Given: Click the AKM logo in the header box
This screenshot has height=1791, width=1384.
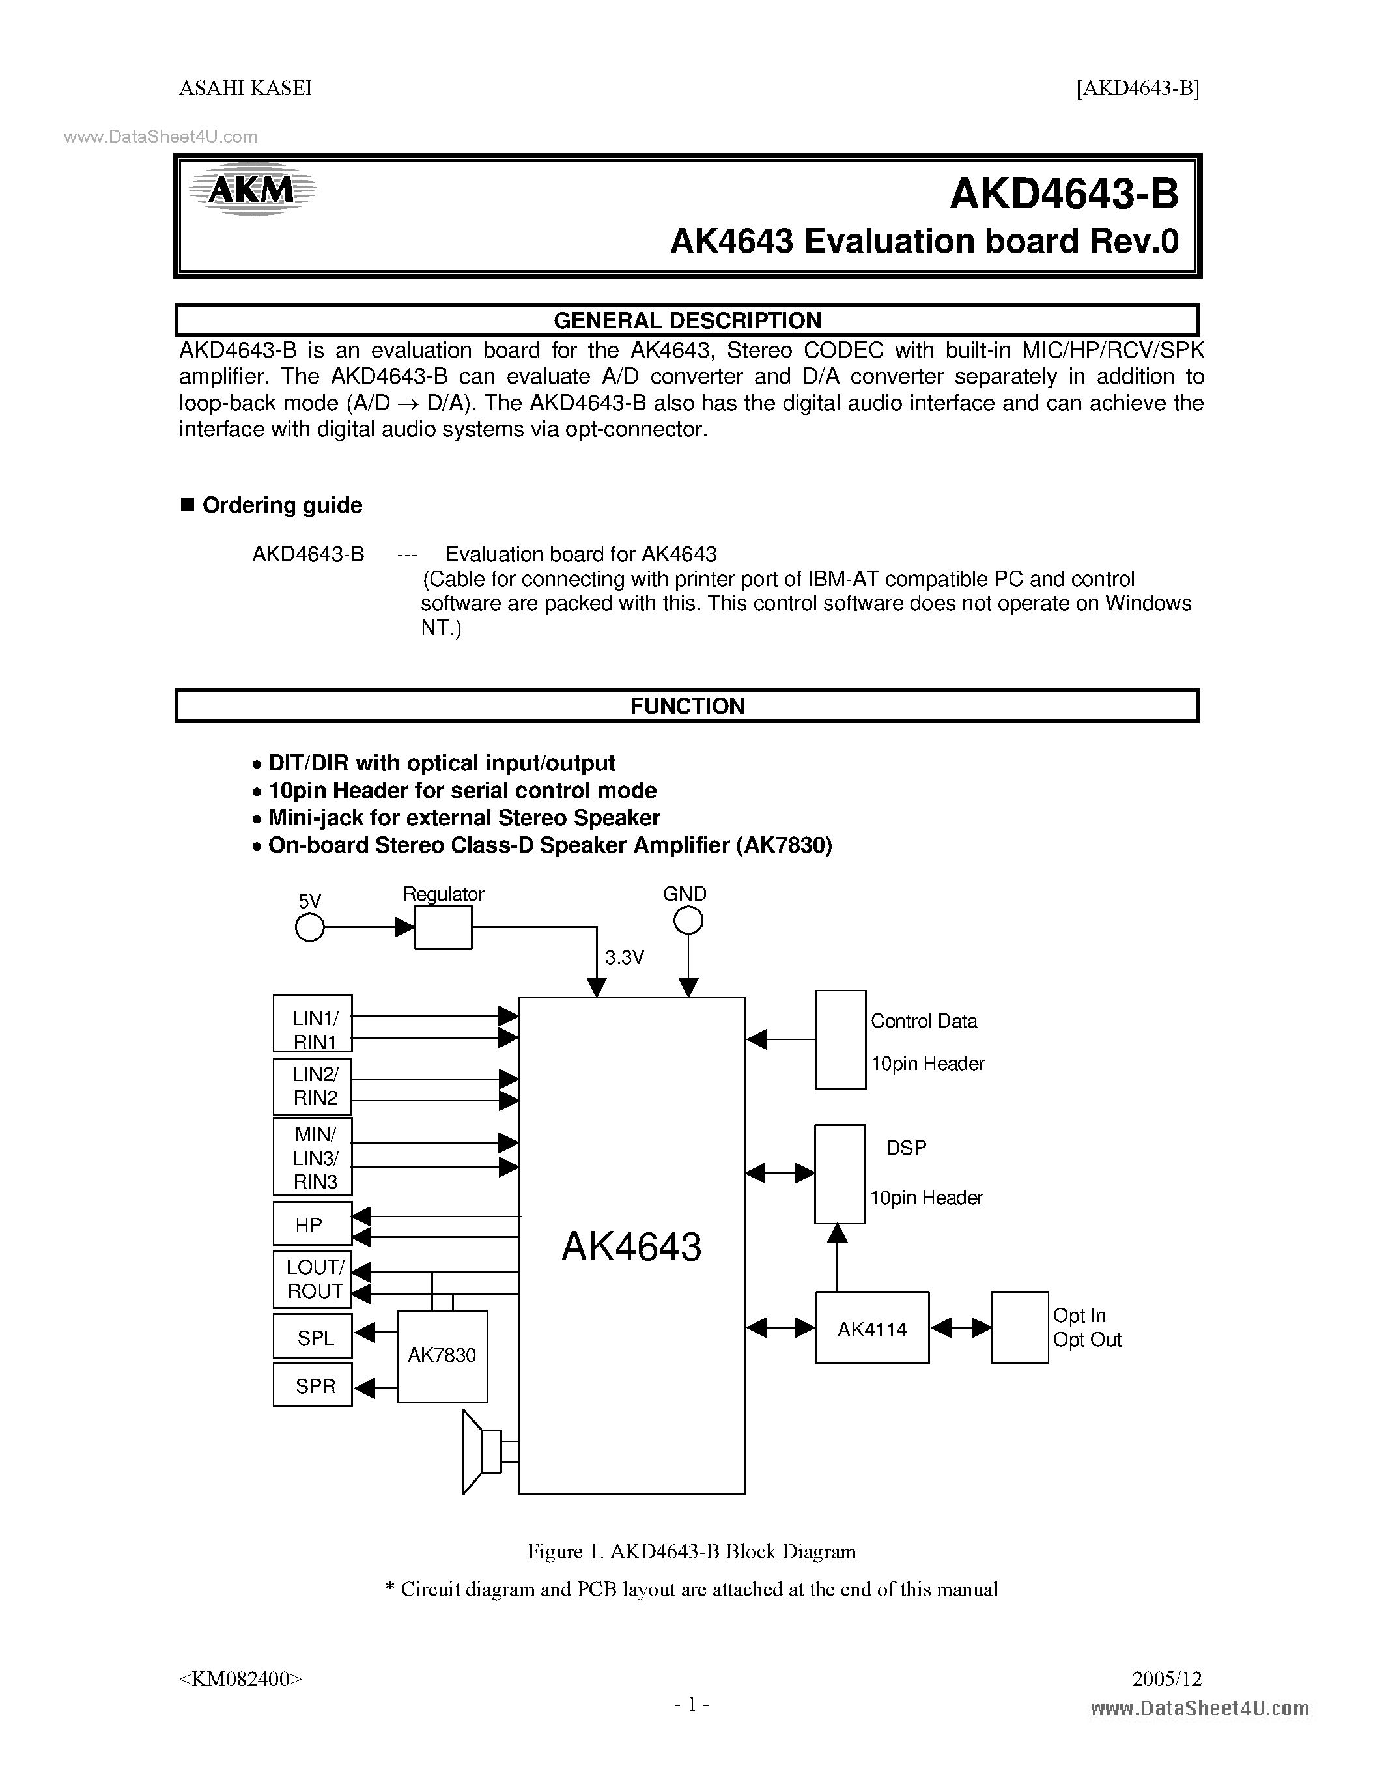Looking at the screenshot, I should point(251,190).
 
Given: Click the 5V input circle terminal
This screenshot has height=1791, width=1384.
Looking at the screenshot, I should point(309,927).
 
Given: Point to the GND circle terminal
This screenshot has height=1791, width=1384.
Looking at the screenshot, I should point(688,922).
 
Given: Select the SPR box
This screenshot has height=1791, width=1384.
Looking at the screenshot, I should point(313,1386).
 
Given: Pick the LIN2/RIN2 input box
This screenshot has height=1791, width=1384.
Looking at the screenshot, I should point(313,1086).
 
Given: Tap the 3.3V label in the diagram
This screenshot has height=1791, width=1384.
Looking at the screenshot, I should point(624,957).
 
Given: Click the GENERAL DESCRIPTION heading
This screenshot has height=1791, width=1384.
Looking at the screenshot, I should point(687,320).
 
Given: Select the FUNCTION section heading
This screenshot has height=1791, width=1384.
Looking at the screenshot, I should point(687,706).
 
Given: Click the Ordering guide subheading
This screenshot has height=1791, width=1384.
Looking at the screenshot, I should point(281,505).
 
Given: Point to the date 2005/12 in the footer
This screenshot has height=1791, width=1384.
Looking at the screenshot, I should point(1166,1678).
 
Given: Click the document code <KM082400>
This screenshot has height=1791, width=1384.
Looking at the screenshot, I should point(240,1678).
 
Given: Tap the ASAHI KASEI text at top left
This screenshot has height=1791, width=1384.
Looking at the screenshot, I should point(245,89).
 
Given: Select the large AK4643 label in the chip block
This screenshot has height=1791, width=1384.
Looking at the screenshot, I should point(631,1247).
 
